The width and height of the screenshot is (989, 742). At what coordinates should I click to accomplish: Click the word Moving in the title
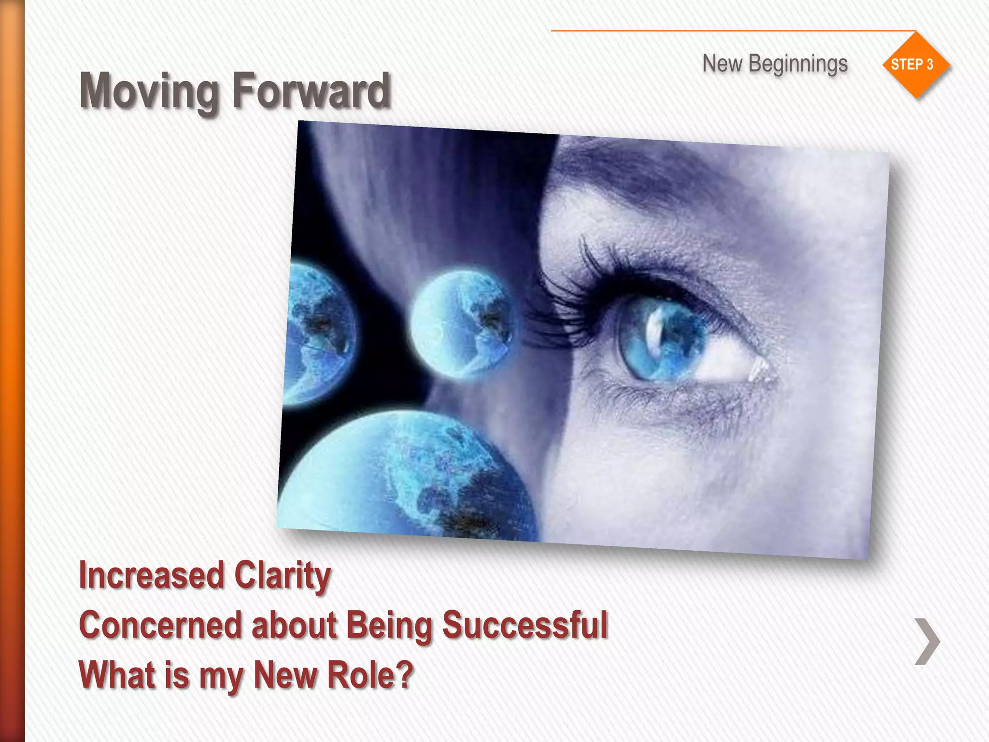(x=149, y=92)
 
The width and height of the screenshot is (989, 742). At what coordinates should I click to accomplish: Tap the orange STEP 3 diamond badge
(x=915, y=65)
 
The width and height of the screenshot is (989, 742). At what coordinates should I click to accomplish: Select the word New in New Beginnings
(x=722, y=64)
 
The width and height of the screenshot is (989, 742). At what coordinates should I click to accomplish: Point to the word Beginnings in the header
(x=798, y=64)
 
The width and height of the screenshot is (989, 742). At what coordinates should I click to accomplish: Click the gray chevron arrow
(x=927, y=641)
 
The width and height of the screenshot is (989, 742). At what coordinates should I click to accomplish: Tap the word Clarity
(x=282, y=576)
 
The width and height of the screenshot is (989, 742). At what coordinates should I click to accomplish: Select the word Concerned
(x=160, y=625)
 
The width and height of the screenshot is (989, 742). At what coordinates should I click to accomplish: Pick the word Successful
(x=525, y=625)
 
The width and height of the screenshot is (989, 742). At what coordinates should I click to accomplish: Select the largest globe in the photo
(x=410, y=478)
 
